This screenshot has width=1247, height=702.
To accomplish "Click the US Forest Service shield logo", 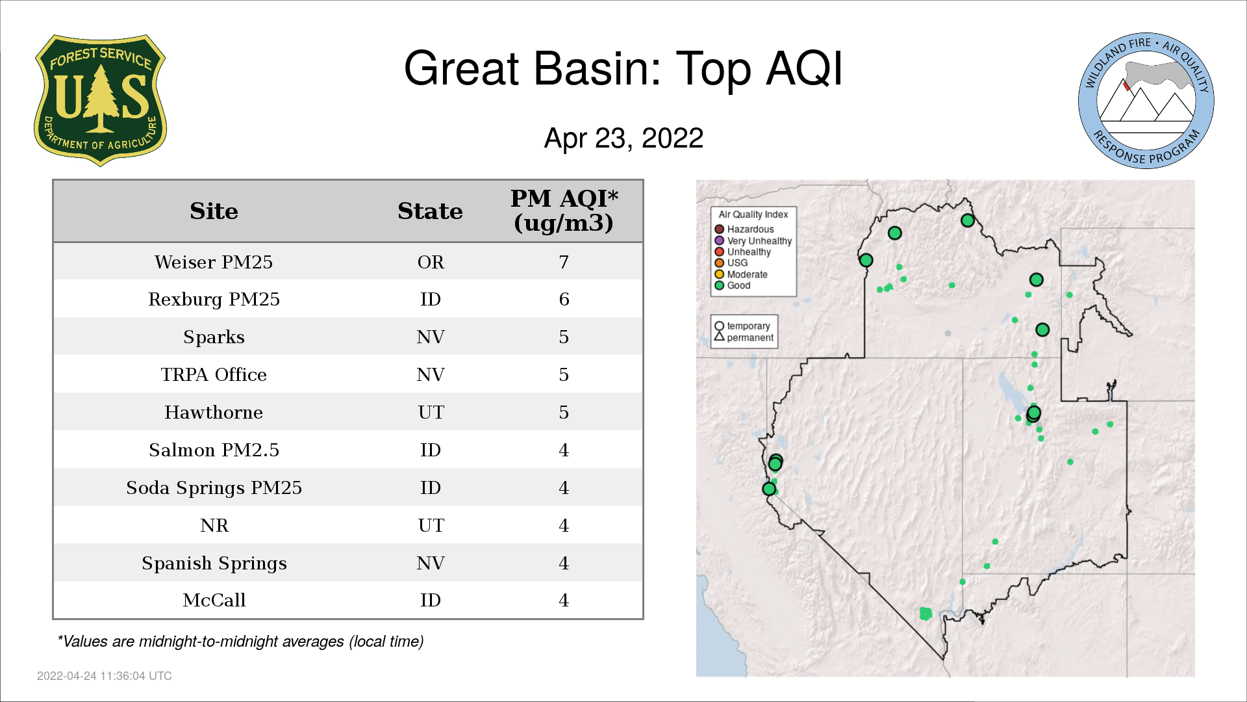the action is click(x=100, y=101).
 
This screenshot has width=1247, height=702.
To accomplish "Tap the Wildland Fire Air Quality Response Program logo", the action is click(x=1146, y=101).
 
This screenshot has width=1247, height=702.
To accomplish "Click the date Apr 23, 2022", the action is click(x=623, y=138).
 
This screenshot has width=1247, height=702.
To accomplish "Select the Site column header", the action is click(x=214, y=211).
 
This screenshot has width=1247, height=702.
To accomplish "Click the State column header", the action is click(x=430, y=211).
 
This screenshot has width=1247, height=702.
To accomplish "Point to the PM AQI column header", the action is click(x=564, y=211).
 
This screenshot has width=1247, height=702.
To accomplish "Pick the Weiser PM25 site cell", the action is click(x=214, y=262).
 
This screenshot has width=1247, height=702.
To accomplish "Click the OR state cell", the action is click(x=431, y=262).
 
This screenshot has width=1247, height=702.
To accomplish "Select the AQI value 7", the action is click(x=564, y=262).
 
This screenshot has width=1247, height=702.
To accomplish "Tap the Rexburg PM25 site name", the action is click(x=214, y=299).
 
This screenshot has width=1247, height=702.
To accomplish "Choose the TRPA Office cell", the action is click(x=214, y=374).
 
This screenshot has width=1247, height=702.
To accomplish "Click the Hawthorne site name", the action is click(x=214, y=412).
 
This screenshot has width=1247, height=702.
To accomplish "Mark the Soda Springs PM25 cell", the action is click(x=214, y=487).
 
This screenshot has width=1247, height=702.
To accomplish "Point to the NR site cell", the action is click(x=214, y=525).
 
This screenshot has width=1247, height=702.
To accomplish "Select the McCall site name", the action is click(x=214, y=600).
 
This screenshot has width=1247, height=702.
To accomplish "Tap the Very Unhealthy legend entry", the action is click(x=753, y=240).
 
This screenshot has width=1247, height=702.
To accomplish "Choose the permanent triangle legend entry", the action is click(x=744, y=337).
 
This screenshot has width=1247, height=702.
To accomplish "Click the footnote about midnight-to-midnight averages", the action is click(x=240, y=642).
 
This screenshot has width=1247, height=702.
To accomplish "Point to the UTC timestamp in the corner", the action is click(x=105, y=676).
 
